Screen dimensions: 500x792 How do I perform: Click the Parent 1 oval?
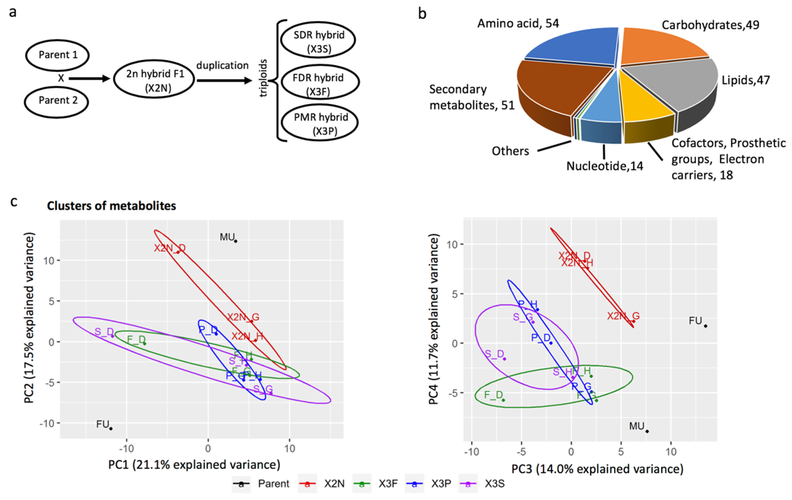(x=57, y=55)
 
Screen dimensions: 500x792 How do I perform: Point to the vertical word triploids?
(x=263, y=78)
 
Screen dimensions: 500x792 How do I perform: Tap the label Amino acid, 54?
(x=518, y=23)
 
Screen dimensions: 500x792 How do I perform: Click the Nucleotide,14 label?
(x=605, y=166)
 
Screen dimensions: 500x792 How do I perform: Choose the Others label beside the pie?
(x=510, y=151)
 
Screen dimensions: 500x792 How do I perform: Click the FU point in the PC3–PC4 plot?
(x=705, y=326)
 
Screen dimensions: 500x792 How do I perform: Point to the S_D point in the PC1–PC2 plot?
(x=112, y=336)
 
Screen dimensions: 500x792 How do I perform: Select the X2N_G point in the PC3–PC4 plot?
(x=633, y=321)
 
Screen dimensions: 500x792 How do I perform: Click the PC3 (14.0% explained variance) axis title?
(x=597, y=469)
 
